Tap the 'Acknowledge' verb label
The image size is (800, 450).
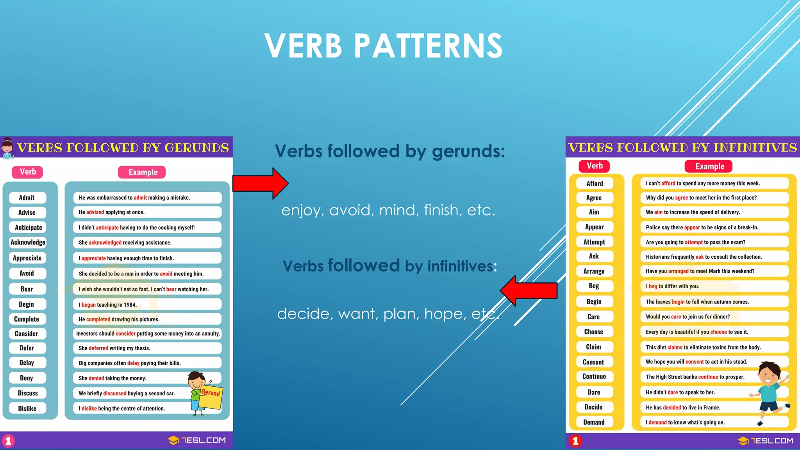click(28, 243)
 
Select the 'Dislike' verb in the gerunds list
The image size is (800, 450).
click(27, 409)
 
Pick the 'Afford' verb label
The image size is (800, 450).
click(595, 184)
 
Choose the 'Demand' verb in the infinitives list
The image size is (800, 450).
click(594, 422)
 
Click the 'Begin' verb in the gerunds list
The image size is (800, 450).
click(27, 304)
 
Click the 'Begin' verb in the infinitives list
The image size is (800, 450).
click(594, 302)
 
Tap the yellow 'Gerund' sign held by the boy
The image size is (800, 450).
click(211, 395)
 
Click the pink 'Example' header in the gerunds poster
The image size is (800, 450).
click(143, 172)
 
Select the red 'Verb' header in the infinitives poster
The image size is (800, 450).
click(595, 166)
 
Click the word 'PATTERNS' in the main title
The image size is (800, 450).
click(428, 46)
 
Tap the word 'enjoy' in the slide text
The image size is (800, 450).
click(303, 211)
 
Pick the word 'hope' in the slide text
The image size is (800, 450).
click(445, 314)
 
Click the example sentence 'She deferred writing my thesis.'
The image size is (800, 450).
click(114, 348)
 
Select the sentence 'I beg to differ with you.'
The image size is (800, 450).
click(672, 286)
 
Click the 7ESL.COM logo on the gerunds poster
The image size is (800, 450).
click(197, 440)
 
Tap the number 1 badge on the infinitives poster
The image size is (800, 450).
click(575, 441)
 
